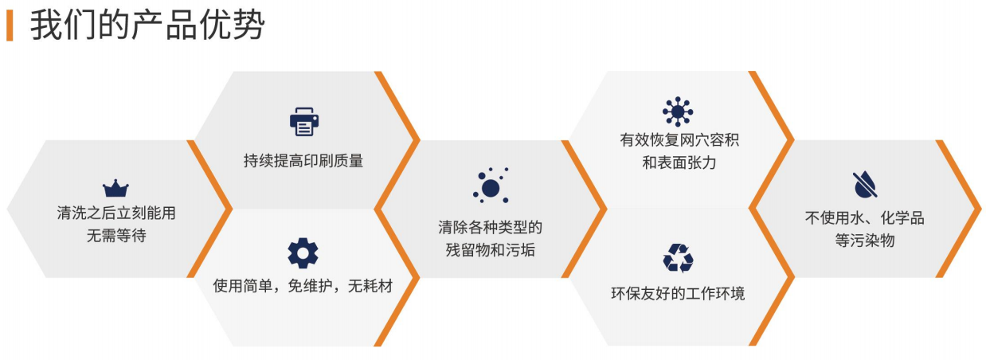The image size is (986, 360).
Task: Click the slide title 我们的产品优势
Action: click(147, 25)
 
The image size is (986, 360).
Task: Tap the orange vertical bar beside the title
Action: click(10, 25)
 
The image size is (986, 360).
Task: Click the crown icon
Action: click(115, 188)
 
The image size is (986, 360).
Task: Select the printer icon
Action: click(304, 122)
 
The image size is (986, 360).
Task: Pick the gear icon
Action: click(303, 253)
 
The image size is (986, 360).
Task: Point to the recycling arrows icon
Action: click(678, 258)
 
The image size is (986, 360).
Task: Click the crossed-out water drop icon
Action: click(865, 185)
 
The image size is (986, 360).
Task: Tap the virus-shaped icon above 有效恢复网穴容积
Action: click(678, 112)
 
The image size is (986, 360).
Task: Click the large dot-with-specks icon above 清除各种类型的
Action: click(491, 186)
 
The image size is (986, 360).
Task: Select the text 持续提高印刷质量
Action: click(303, 161)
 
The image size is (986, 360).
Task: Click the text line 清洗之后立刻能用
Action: click(116, 213)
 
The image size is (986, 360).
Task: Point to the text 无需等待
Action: click(116, 236)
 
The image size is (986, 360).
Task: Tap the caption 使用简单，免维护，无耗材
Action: click(303, 286)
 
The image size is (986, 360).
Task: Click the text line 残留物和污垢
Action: click(491, 250)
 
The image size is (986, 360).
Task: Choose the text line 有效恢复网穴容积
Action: click(679, 140)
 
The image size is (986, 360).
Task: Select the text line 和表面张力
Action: click(679, 162)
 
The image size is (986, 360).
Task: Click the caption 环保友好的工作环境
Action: click(678, 294)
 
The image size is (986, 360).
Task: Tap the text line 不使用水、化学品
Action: click(864, 218)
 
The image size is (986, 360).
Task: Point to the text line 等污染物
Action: click(865, 241)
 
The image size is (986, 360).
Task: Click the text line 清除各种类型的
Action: click(491, 228)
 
